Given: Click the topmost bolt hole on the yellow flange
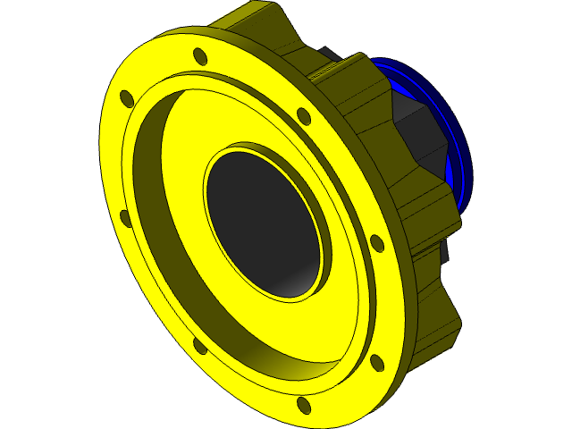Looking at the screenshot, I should (x=200, y=56).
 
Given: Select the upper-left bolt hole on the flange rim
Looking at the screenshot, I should (x=127, y=97).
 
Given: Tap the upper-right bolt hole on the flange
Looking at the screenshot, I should (x=303, y=115).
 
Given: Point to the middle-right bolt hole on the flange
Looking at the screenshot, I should (x=376, y=242).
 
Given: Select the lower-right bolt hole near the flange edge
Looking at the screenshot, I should (x=377, y=362).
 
